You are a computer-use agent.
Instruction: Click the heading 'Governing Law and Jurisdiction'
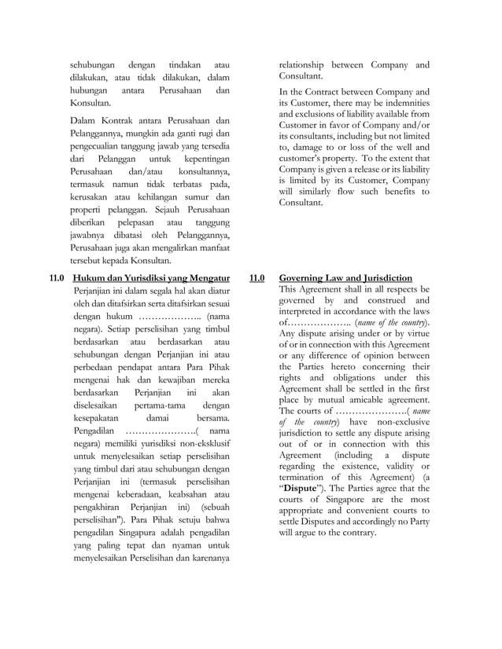click(345, 278)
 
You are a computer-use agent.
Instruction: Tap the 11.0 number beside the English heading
click(257, 278)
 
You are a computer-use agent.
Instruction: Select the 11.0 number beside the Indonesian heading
click(57, 278)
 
